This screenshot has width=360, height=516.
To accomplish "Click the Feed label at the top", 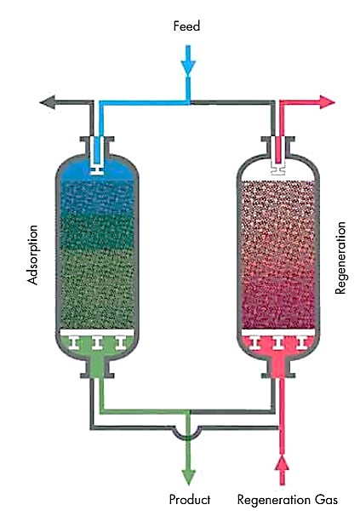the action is click(186, 26).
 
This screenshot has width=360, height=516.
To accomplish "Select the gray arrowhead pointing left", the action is click(48, 101).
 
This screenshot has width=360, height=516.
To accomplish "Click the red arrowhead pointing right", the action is click(327, 101).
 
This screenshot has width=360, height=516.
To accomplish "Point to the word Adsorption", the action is click(33, 255).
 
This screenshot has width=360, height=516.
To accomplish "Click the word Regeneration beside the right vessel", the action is click(340, 258).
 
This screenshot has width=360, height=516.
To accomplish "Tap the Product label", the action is click(190, 500).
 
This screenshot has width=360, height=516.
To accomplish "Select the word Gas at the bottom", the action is click(326, 500).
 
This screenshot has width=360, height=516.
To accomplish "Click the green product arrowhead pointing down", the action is click(189, 477).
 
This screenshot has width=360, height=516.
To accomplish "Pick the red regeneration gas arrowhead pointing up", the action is click(282, 463).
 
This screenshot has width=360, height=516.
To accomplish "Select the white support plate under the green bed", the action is click(97, 332).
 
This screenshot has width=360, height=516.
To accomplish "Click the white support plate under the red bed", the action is click(278, 332).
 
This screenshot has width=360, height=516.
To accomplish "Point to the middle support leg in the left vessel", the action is click(97, 343).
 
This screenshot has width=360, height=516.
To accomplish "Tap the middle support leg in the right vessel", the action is click(278, 343).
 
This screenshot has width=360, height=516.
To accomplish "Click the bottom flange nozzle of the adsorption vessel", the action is click(97, 368).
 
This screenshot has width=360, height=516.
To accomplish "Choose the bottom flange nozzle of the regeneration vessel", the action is click(278, 368).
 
